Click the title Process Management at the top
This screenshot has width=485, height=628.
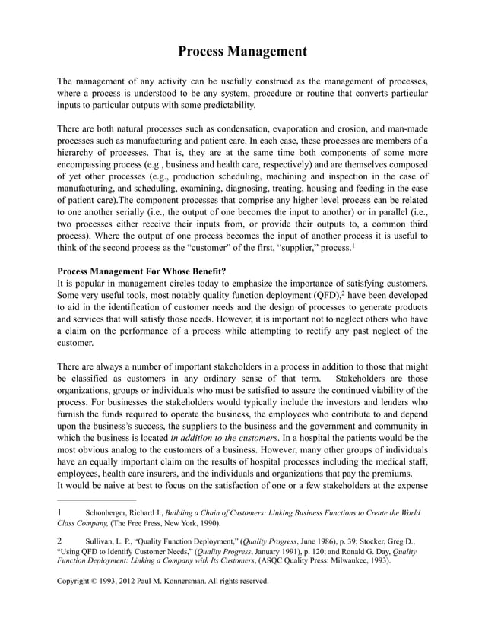click(242, 52)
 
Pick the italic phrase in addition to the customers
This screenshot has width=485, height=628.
click(226, 438)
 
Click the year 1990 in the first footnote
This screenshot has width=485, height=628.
click(206, 525)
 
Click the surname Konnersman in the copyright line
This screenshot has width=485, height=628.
click(201, 582)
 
